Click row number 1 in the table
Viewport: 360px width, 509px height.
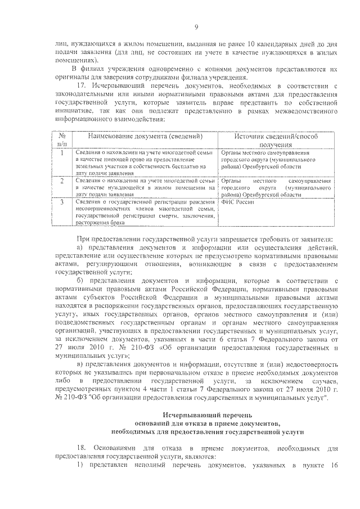click(x=61, y=152)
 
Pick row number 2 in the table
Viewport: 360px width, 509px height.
click(x=61, y=181)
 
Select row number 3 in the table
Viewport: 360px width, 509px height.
click(x=61, y=202)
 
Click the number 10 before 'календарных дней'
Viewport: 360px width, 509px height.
click(x=252, y=44)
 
